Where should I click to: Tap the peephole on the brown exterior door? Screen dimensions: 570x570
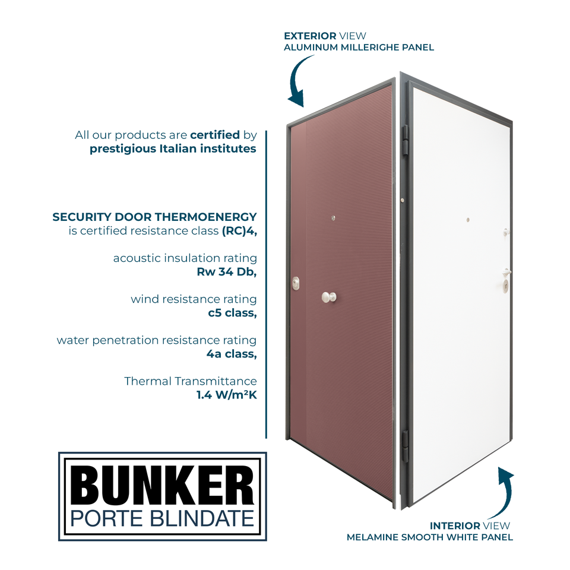tap(334, 218)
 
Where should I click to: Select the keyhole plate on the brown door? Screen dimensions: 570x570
tap(296, 284)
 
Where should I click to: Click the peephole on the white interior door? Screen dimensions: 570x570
tap(468, 220)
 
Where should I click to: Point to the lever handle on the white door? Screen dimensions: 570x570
tap(506, 272)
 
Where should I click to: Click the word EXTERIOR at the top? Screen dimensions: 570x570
tap(309, 36)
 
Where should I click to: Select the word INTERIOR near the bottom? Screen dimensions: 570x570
tap(455, 525)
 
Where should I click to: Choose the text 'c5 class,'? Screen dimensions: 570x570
tap(232, 313)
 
